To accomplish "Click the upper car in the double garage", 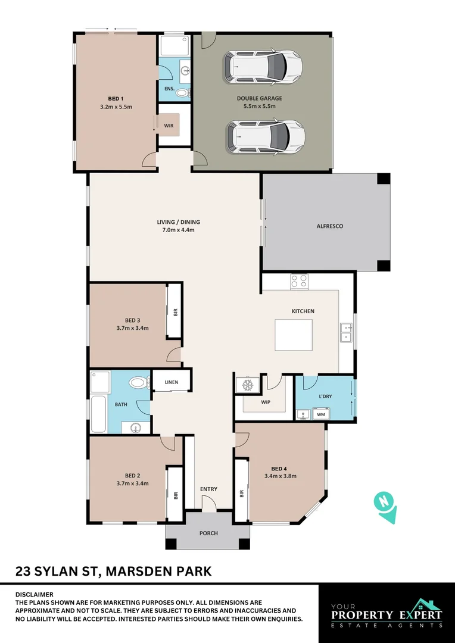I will coord(262,67).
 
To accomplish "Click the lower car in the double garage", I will coord(265,136).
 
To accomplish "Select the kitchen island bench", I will coord(293,335).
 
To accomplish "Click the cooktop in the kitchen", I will coord(299,281).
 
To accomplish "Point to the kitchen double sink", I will coord(346,333).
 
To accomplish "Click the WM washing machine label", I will coord(320,414).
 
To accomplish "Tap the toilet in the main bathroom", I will coord(138,382).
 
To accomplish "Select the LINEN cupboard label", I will coord(172,381).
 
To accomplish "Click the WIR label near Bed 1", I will coord(169,126).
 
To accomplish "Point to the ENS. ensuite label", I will coord(169,89).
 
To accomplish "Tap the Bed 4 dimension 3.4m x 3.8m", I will coord(280,476).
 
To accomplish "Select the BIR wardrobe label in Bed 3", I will coord(175,312).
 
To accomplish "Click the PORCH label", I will coord(208,533).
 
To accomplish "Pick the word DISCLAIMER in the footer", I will coord(34,594).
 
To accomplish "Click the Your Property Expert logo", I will coord(387,613).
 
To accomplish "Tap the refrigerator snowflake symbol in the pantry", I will coord(246,386).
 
